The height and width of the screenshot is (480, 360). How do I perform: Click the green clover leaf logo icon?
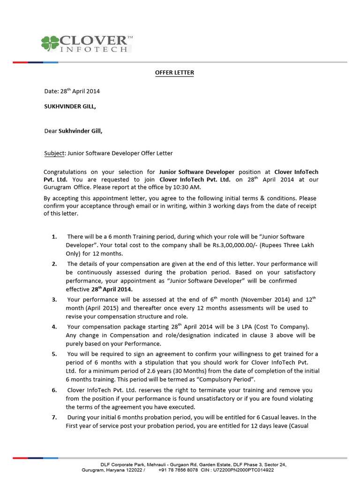[50, 43]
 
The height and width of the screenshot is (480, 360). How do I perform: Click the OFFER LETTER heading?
[174, 73]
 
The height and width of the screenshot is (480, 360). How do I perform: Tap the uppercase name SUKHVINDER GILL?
[70, 106]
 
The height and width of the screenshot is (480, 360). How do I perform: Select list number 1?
[54, 237]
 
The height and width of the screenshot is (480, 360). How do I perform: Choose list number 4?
[54, 326]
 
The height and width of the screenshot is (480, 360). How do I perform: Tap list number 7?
[54, 417]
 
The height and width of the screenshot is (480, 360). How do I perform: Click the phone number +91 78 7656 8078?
[178, 470]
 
